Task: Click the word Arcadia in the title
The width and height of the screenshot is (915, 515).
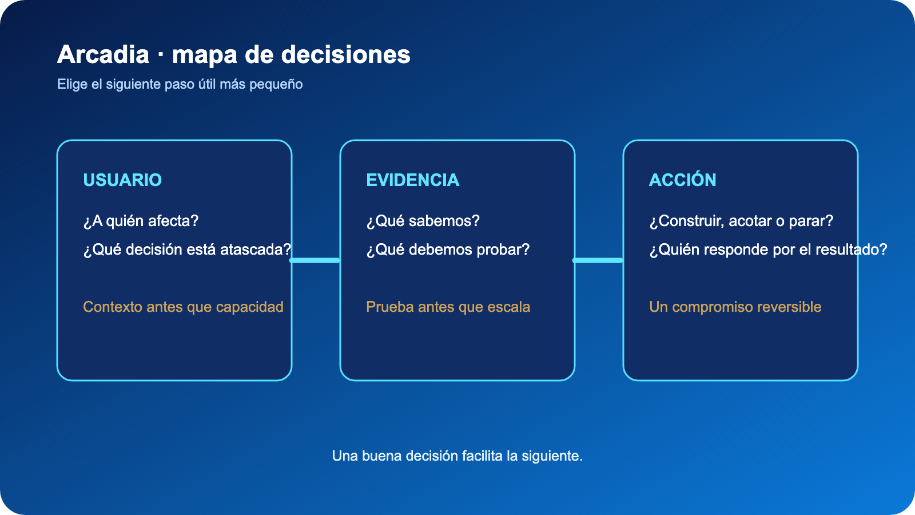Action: tap(104, 55)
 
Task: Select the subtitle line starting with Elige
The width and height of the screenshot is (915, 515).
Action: tap(180, 84)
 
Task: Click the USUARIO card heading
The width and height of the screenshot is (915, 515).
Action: tap(122, 180)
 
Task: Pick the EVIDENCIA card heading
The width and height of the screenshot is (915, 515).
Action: tap(412, 180)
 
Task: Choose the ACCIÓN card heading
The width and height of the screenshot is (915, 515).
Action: tap(683, 180)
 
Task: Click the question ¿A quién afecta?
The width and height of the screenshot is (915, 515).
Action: tap(141, 221)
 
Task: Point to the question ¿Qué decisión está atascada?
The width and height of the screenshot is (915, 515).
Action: tap(187, 249)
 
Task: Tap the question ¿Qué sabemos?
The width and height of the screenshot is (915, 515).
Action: tap(423, 221)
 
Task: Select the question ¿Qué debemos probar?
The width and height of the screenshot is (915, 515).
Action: tap(448, 249)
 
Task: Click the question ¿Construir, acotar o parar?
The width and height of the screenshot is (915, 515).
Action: tap(741, 221)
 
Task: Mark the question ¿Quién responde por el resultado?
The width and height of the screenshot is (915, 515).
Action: tap(769, 249)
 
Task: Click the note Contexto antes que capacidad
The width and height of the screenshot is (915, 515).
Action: tap(183, 307)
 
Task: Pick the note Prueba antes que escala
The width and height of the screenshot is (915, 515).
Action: tap(448, 307)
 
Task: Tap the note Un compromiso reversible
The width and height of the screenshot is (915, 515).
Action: tap(735, 307)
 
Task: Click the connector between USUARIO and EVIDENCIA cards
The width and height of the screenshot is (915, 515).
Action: tap(315, 260)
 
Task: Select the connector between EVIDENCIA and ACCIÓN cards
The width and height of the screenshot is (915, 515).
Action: tap(598, 260)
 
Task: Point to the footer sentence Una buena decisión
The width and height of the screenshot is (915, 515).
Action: tap(457, 455)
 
